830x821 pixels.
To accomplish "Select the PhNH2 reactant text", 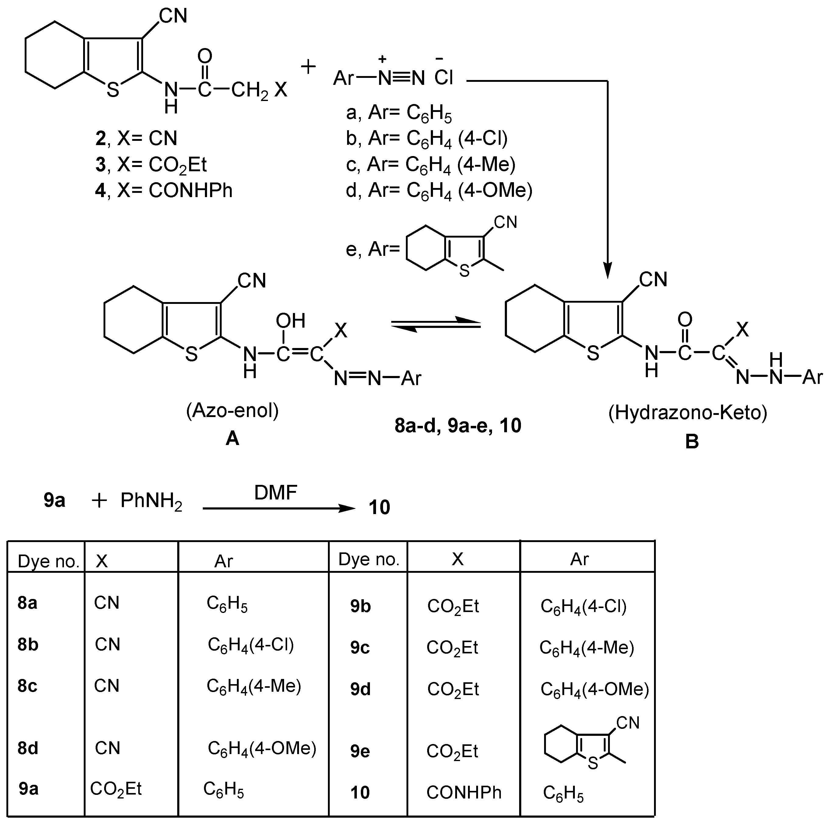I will click(x=151, y=501).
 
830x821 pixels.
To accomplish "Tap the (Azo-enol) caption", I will click(x=232, y=411).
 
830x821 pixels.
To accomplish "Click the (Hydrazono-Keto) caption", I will click(x=688, y=412).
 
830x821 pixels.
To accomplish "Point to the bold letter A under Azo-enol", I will click(x=232, y=438).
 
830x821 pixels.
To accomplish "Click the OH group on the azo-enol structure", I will click(x=290, y=321).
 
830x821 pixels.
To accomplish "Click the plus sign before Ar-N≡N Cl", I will click(x=308, y=67).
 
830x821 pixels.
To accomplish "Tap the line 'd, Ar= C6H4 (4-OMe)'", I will click(x=439, y=190).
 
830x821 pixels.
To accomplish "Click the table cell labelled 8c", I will click(x=27, y=686).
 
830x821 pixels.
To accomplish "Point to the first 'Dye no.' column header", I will click(x=48, y=561).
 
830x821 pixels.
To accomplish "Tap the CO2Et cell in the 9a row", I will click(x=116, y=789).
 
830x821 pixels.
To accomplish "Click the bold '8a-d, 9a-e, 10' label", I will click(x=458, y=425).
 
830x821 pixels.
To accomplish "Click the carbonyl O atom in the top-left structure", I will click(x=205, y=56).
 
